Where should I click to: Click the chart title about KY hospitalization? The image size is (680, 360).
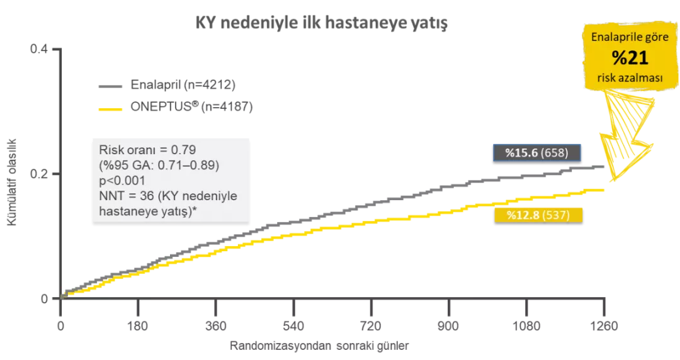tap(321, 25)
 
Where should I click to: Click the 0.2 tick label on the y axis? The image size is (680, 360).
tap(39, 174)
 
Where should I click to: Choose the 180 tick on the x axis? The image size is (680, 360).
tap(138, 326)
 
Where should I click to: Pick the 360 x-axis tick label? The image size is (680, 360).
tap(216, 326)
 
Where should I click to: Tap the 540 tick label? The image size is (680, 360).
tap(293, 326)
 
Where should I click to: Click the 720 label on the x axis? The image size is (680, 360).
tap(371, 326)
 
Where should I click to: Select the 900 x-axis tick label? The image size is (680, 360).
tap(449, 326)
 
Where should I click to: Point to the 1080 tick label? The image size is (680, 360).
tap(526, 326)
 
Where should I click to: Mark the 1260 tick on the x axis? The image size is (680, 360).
tap(604, 326)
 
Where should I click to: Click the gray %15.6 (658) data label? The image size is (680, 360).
tap(537, 153)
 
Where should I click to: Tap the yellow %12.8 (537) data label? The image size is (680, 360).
tap(537, 215)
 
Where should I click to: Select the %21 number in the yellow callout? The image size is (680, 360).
tap(630, 59)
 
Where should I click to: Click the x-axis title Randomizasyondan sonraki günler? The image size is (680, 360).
tap(319, 346)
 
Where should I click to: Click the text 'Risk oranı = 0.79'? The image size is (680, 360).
tap(147, 150)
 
